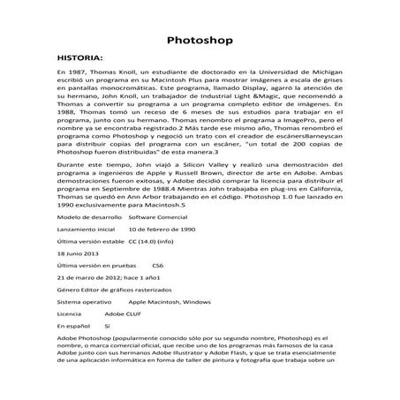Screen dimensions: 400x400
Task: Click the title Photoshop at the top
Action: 200,41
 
